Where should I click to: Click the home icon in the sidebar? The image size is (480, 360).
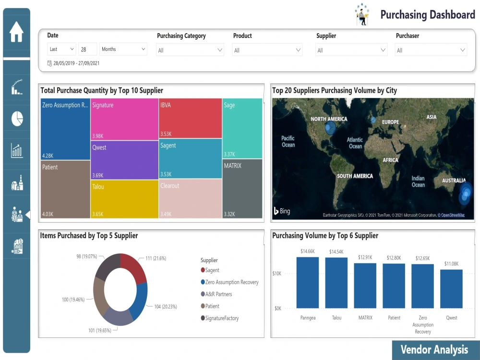point(16,32)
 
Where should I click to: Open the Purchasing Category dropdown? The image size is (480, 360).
point(190,50)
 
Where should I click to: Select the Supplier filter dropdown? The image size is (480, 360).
point(351,50)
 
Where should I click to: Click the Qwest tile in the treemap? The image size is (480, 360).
point(125,160)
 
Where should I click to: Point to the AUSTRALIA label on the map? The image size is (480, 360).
point(454,181)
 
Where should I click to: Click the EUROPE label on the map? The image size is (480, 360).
point(390,122)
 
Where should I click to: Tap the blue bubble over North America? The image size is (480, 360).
point(330,128)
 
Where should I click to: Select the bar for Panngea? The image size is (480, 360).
point(308,283)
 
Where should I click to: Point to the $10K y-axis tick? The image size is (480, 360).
point(278,274)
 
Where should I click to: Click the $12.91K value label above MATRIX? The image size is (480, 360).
point(365,258)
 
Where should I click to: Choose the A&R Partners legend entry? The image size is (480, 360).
point(218,294)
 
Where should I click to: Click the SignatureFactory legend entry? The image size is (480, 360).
point(221,318)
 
